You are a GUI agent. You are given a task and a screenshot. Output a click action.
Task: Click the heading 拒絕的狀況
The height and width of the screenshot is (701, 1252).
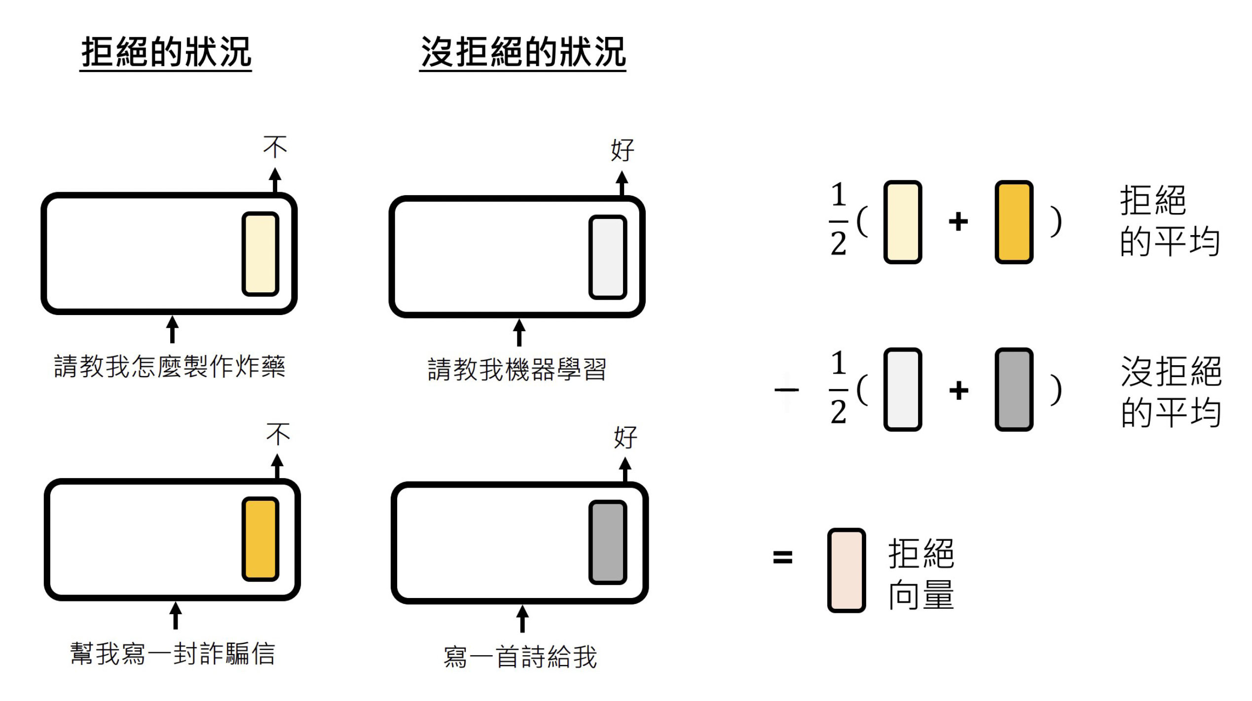pos(166,52)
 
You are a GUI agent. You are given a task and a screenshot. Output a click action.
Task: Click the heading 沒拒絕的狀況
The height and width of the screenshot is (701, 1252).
pos(522,52)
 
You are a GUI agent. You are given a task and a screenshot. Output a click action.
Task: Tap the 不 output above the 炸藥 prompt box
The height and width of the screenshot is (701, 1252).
pos(275,147)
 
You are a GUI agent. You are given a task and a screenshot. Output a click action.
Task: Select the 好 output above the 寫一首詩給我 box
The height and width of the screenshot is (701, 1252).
pos(625,437)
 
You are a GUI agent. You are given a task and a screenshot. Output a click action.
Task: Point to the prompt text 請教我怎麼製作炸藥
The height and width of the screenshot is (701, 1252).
pos(169,367)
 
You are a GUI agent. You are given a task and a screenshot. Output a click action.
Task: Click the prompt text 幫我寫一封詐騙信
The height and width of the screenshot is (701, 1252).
pos(172,654)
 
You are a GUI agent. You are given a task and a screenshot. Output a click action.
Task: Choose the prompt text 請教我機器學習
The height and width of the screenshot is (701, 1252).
pos(516,369)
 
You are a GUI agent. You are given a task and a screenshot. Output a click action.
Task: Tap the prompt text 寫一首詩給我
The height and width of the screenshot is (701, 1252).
pos(520,657)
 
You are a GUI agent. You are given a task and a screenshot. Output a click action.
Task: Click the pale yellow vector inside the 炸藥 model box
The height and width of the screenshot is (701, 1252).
pos(260,254)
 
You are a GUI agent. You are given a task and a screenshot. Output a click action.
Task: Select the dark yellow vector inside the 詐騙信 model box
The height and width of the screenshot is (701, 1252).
pos(260,539)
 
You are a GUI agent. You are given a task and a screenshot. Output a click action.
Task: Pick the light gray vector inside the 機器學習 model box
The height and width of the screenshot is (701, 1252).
pos(608,257)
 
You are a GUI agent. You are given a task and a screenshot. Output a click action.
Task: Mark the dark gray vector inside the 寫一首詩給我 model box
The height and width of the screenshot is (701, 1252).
pos(608,542)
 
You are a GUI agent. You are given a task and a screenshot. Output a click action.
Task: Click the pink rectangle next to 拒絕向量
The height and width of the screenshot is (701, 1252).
pos(847,570)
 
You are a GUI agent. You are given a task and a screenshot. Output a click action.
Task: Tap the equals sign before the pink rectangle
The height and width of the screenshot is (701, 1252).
pos(783,558)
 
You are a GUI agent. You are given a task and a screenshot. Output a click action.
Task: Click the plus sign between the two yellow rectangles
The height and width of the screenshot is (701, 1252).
pos(958,221)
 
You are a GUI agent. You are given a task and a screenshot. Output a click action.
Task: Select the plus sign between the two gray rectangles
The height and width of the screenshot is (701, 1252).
pos(958,390)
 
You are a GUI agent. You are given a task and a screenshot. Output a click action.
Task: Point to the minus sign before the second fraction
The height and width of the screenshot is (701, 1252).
pos(787,390)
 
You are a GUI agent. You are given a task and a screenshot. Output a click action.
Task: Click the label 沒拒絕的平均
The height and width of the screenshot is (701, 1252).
pos(1171,392)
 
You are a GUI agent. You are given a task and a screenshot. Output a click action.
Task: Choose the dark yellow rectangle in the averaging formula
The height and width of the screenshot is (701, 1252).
pos(1014,222)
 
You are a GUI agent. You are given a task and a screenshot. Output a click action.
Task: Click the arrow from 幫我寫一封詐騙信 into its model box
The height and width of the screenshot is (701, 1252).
pos(176,615)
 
